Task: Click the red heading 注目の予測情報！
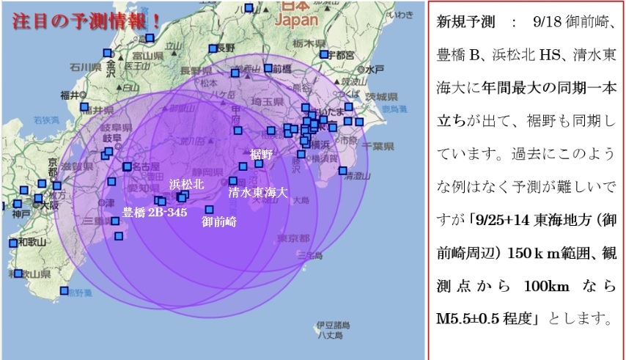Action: click(86, 18)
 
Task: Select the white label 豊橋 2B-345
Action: click(154, 213)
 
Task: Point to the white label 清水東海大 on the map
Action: click(257, 194)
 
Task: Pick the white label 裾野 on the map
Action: click(261, 154)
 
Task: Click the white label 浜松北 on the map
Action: click(185, 183)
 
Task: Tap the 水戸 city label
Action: click(375, 69)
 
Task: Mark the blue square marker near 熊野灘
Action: click(65, 290)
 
